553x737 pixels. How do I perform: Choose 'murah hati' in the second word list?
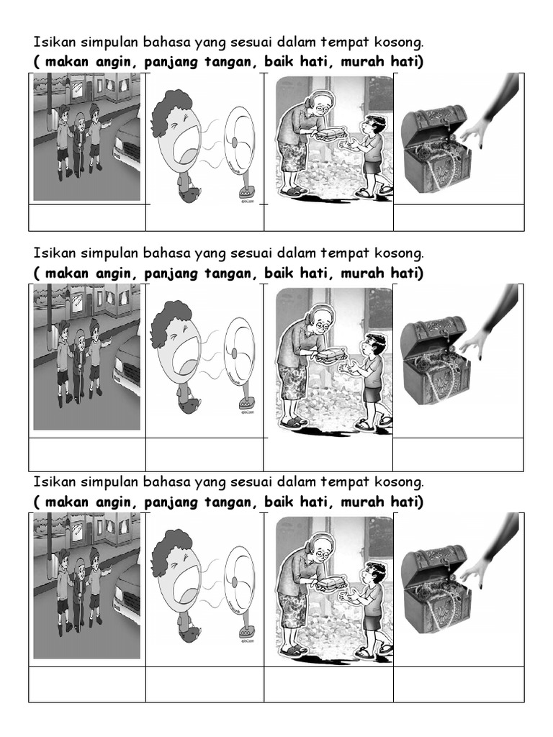point(382,273)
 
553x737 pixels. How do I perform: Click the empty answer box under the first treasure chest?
point(459,217)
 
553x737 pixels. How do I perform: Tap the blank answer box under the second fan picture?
point(204,455)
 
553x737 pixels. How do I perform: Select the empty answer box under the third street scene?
point(87,684)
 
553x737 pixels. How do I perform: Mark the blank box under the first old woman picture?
point(328,217)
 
